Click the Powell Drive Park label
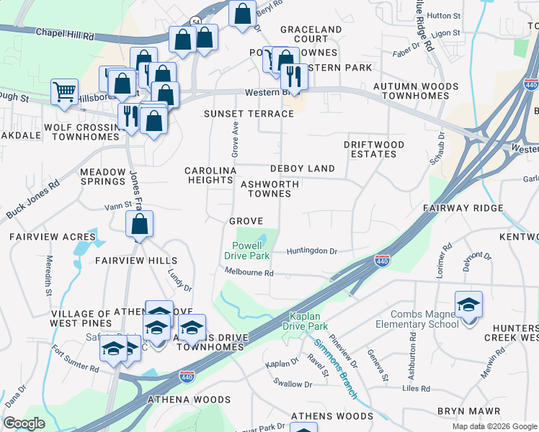(246, 250)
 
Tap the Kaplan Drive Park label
(314, 321)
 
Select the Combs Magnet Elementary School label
(424, 319)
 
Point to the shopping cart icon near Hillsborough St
(64, 93)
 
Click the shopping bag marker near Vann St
(139, 225)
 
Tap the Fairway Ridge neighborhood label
(463, 207)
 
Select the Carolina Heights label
(210, 175)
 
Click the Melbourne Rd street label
(249, 273)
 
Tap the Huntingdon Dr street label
(311, 251)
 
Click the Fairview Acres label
(52, 236)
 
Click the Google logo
(24, 423)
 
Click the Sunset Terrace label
(249, 114)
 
